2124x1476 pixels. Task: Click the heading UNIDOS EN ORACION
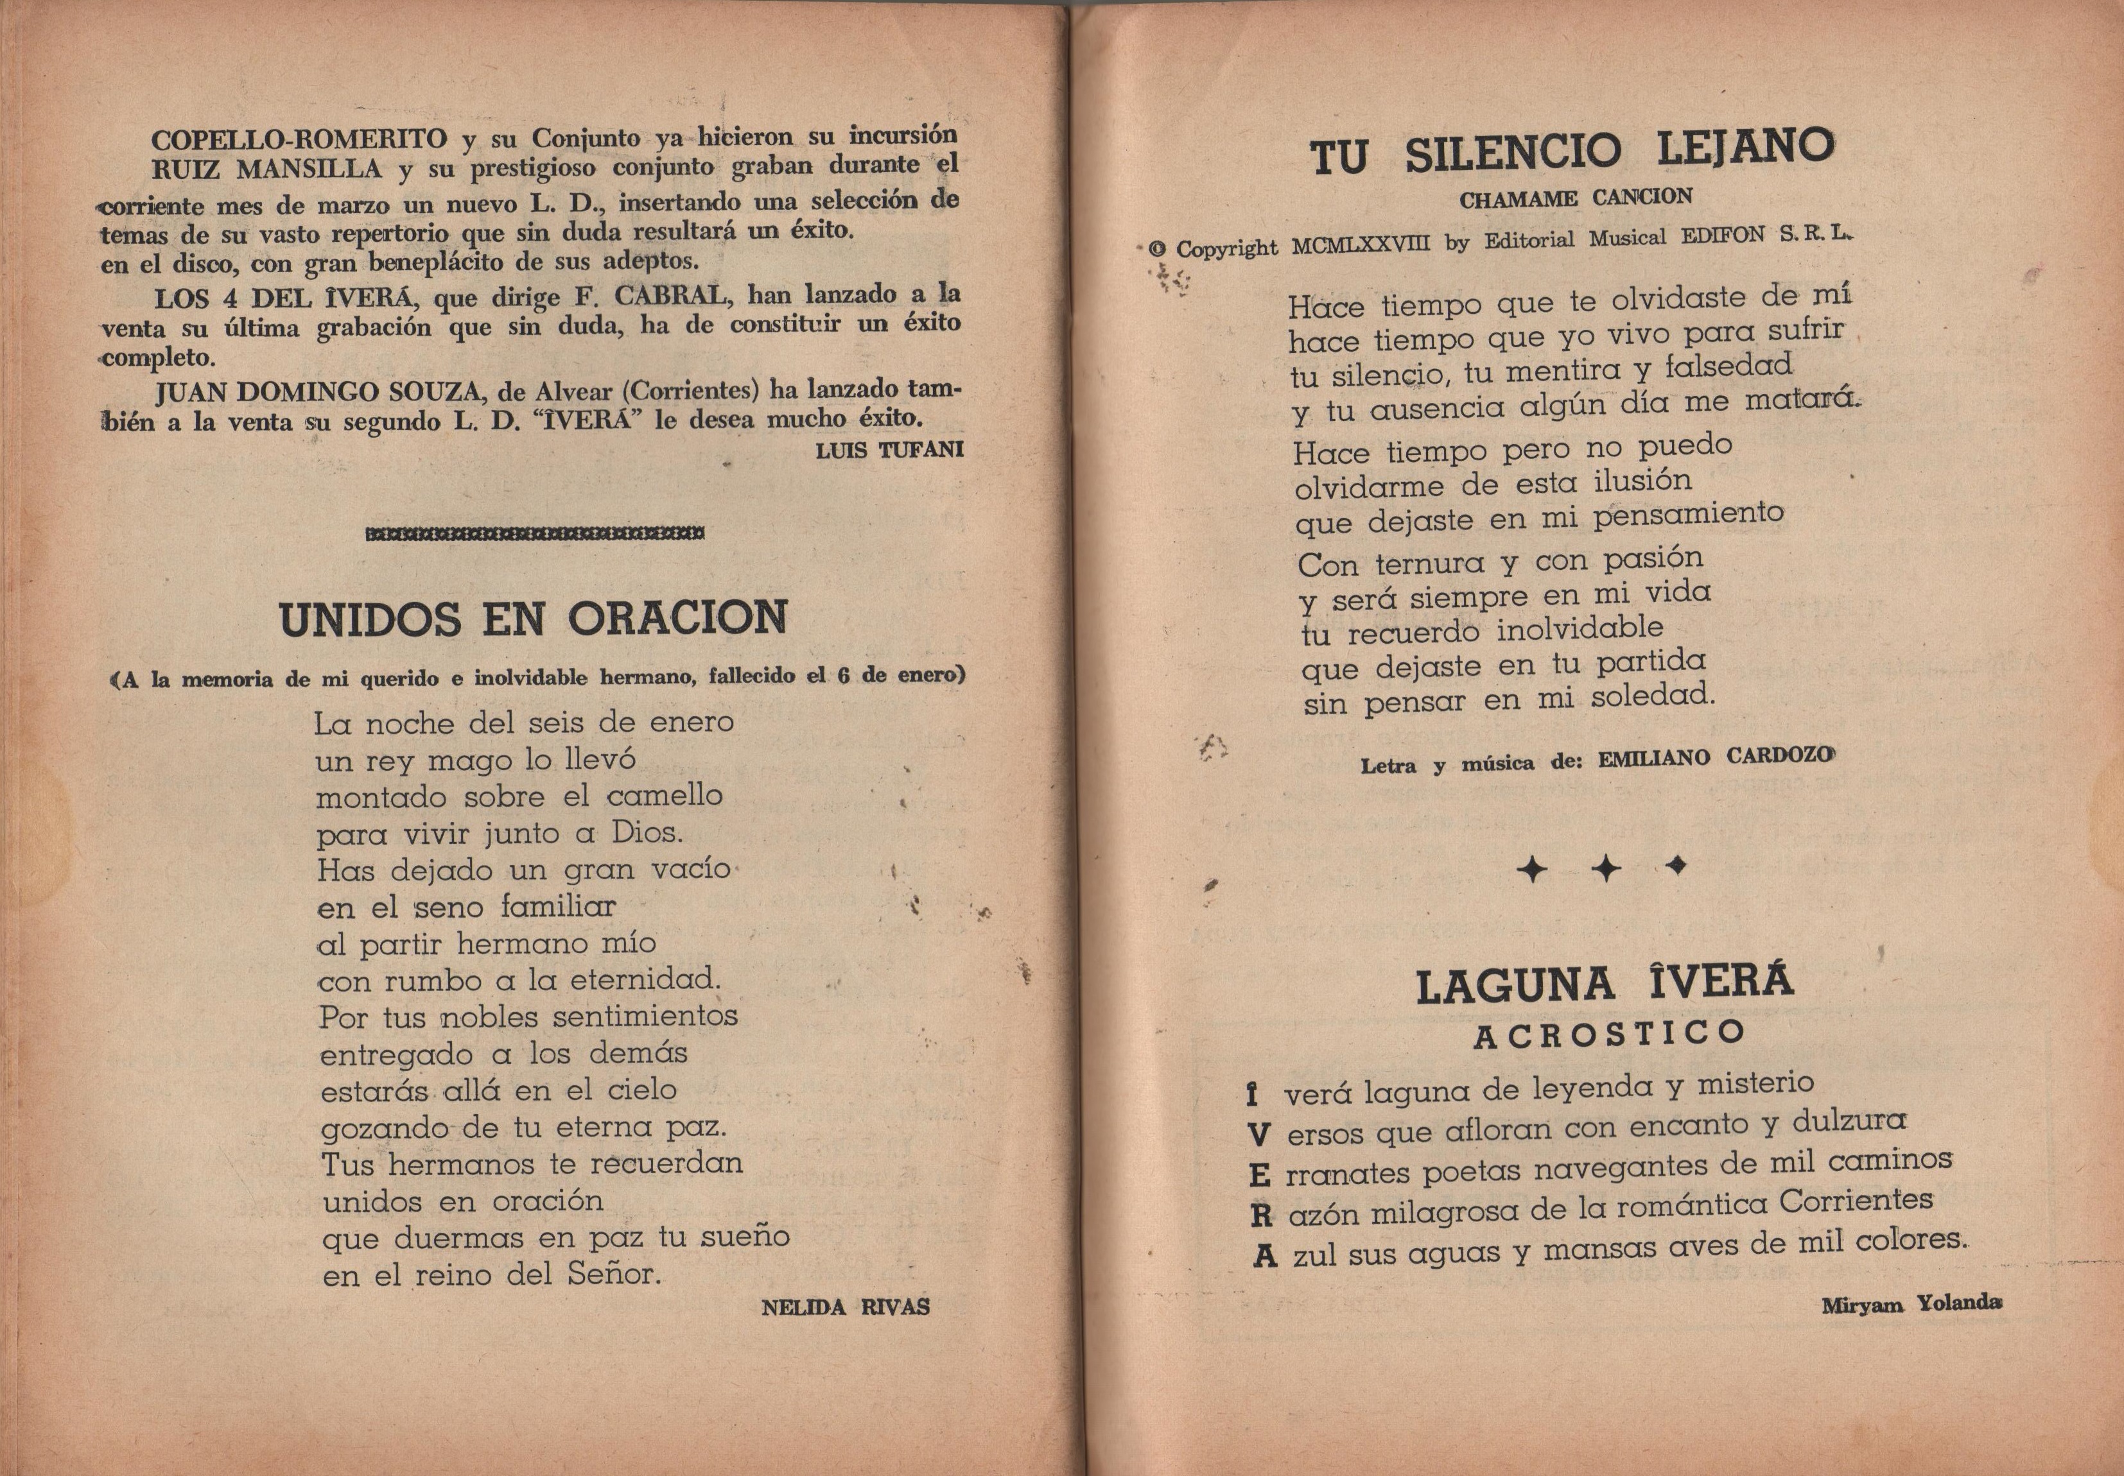(x=533, y=619)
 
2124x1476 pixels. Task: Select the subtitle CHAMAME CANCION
(x=1576, y=198)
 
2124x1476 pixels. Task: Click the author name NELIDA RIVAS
(x=844, y=1307)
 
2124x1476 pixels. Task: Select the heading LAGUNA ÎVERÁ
(x=1604, y=984)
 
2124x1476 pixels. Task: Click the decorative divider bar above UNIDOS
(x=535, y=533)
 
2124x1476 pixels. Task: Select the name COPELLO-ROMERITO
(x=299, y=140)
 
